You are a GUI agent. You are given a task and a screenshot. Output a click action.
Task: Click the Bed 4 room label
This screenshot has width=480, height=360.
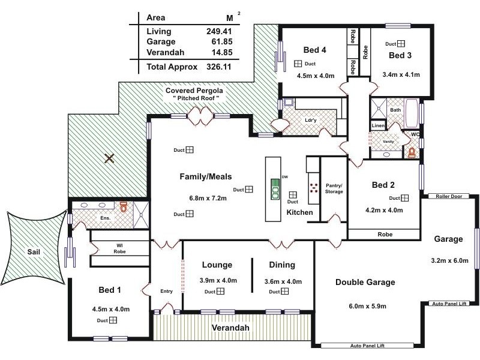[314, 50]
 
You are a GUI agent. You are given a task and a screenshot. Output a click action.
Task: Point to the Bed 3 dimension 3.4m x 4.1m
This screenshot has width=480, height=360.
[401, 75]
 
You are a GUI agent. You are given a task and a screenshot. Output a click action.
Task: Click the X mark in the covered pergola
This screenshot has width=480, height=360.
[109, 158]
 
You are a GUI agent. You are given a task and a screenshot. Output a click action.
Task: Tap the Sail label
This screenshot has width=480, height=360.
[34, 253]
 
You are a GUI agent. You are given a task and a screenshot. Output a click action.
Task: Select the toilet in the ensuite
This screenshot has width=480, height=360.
[124, 206]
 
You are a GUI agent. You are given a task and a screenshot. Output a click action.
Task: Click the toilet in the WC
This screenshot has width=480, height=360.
[412, 152]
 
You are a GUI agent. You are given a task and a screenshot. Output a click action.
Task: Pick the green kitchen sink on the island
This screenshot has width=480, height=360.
[275, 188]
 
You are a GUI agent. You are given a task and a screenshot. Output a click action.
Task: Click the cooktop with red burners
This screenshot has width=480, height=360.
[313, 188]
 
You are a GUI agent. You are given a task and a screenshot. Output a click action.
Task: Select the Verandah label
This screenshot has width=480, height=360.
[230, 328]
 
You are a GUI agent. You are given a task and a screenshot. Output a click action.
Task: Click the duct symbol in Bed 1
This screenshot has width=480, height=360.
[113, 320]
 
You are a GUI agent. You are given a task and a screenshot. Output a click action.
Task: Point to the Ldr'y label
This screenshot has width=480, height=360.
[311, 119]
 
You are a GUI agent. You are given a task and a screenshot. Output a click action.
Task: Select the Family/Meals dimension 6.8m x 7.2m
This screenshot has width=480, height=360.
[205, 197]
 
